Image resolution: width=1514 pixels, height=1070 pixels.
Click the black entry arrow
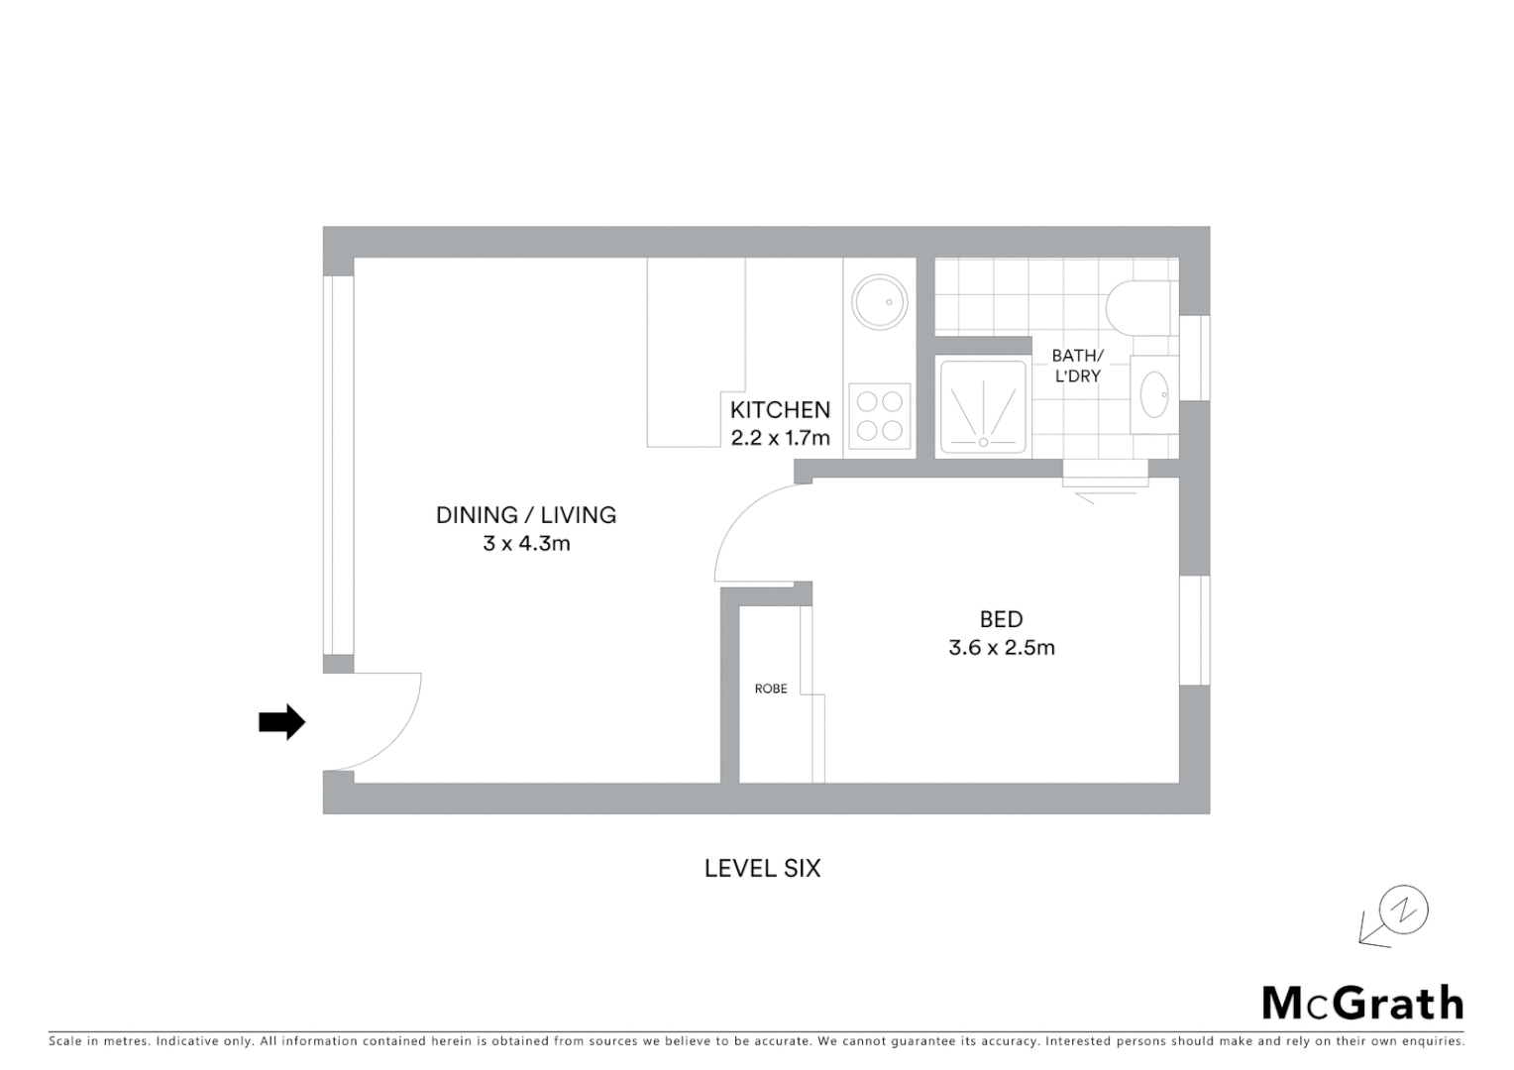(281, 722)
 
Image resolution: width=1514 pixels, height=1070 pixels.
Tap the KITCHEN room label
(780, 410)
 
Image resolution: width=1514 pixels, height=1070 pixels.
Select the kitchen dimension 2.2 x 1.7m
(780, 438)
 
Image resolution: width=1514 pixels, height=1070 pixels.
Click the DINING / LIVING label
(526, 515)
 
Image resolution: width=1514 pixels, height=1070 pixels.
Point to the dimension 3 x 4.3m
(526, 544)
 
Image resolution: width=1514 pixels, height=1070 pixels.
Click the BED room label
(1001, 619)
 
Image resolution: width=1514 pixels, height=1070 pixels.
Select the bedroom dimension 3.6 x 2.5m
(1001, 648)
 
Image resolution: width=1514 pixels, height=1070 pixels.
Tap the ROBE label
(771, 689)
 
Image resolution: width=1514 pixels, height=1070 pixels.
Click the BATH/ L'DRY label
(1077, 366)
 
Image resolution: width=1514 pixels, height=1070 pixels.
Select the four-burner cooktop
(880, 416)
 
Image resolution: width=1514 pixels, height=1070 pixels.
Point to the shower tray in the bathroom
(983, 407)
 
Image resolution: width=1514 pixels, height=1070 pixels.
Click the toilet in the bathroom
(1139, 306)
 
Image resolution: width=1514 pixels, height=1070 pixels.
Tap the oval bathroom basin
(1154, 394)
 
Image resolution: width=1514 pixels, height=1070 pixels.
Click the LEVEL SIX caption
(762, 869)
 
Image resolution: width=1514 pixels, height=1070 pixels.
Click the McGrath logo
(1362, 1004)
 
